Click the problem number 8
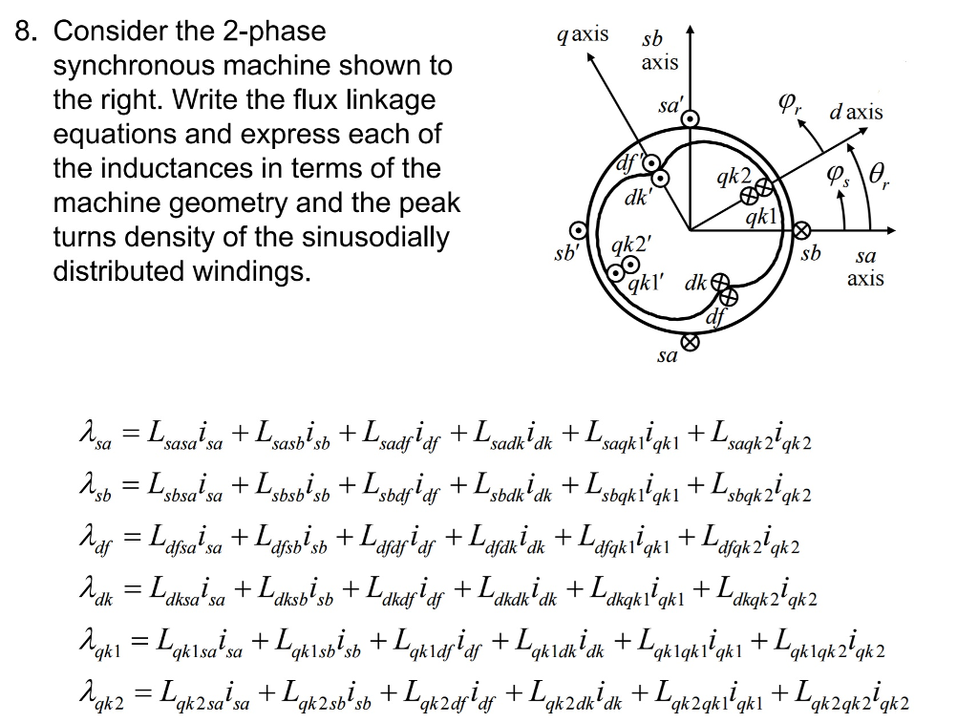[27, 32]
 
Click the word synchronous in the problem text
[133, 66]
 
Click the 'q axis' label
[583, 35]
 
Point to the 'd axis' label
[856, 113]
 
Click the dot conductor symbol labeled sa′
[690, 118]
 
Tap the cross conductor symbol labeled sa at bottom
[690, 342]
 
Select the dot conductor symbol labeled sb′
[578, 231]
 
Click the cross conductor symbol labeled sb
[801, 231]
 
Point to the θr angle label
[879, 175]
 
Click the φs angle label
[838, 176]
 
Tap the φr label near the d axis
[790, 104]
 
